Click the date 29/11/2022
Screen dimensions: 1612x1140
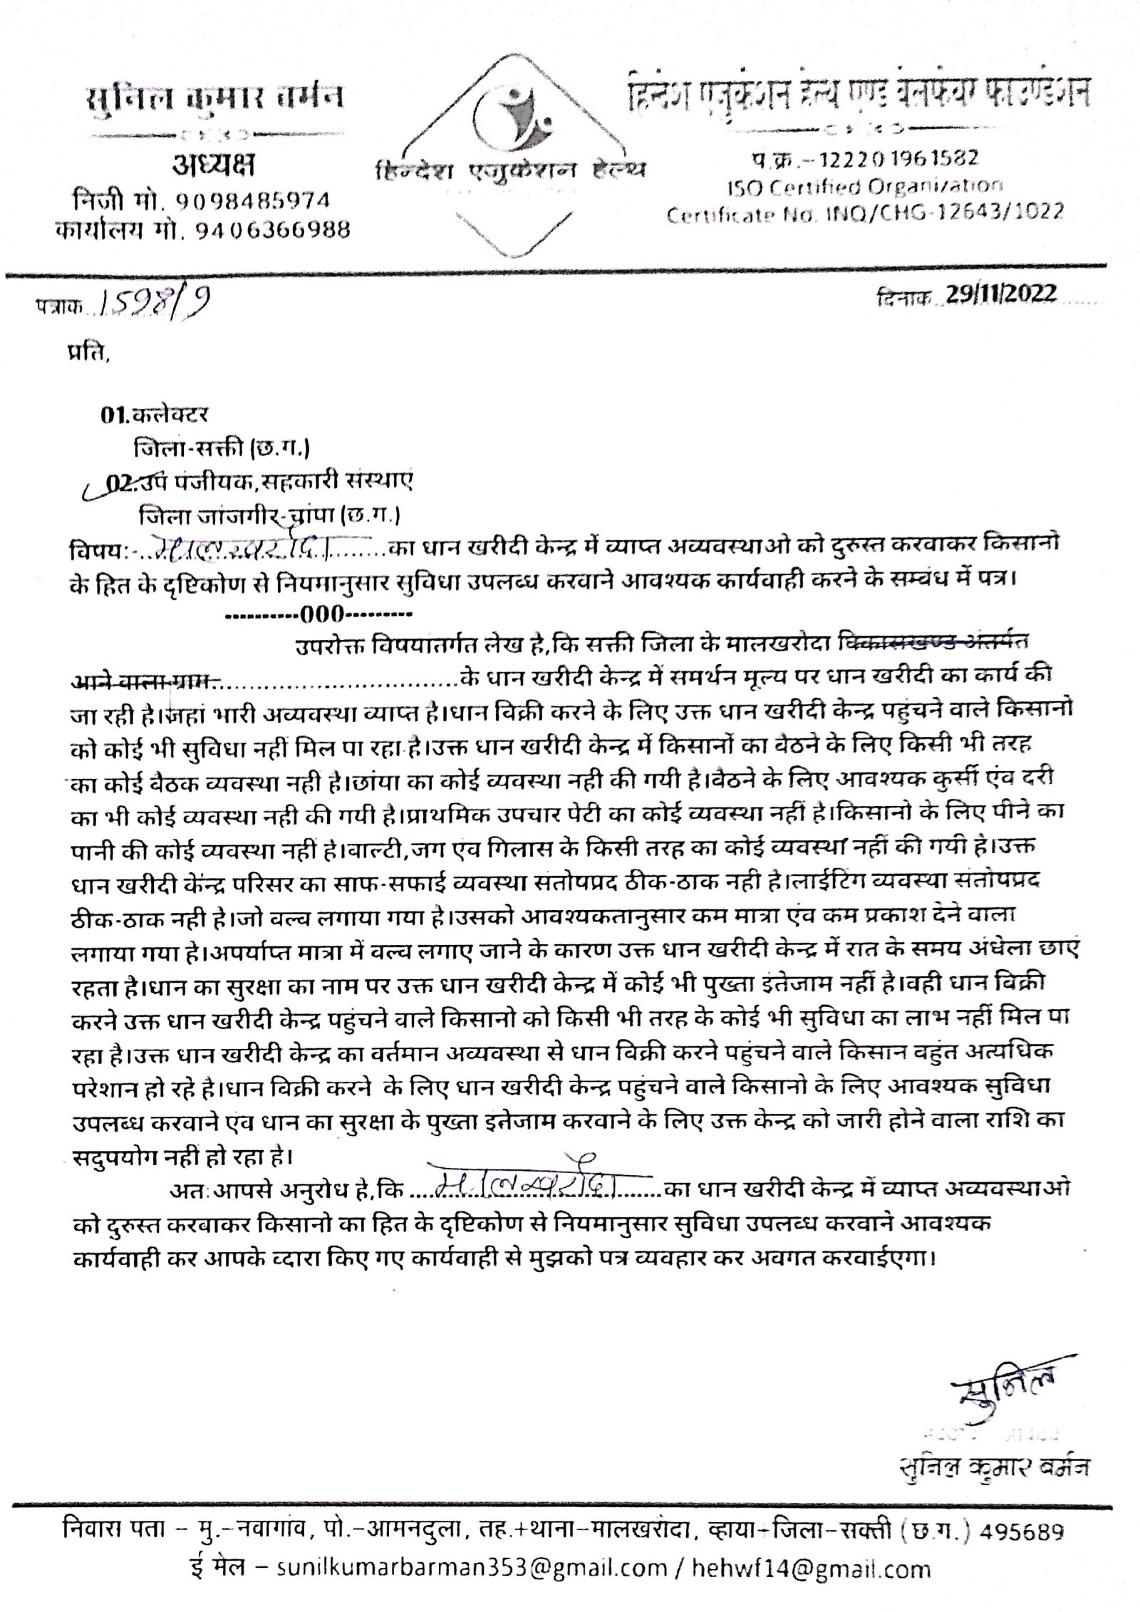pyautogui.click(x=1001, y=295)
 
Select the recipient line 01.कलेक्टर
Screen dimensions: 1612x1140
pyautogui.click(x=154, y=415)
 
